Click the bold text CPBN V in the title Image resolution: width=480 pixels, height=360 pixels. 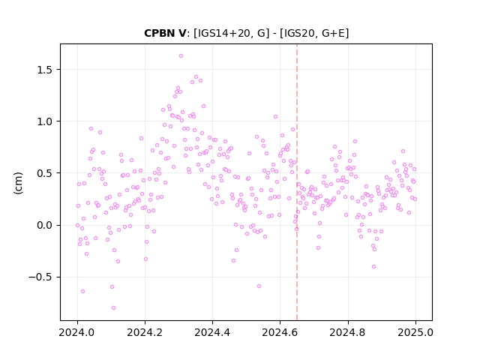[165, 33]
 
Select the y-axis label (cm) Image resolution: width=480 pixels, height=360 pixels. [18, 183]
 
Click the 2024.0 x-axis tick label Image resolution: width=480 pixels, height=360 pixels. [77, 332]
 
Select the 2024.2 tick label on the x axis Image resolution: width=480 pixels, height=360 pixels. [145, 332]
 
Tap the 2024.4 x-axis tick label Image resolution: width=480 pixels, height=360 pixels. [212, 332]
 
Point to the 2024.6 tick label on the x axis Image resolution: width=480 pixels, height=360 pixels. [280, 332]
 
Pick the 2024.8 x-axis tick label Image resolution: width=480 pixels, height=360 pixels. [348, 332]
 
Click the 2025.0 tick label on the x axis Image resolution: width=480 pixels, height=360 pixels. [415, 332]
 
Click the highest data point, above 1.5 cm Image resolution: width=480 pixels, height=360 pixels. [181, 55]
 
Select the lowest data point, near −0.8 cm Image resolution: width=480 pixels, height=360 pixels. [113, 307]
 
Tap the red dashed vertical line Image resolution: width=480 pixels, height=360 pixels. [297, 182]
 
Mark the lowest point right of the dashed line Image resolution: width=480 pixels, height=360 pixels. [373, 267]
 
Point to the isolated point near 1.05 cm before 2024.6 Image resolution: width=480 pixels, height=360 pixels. [275, 117]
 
